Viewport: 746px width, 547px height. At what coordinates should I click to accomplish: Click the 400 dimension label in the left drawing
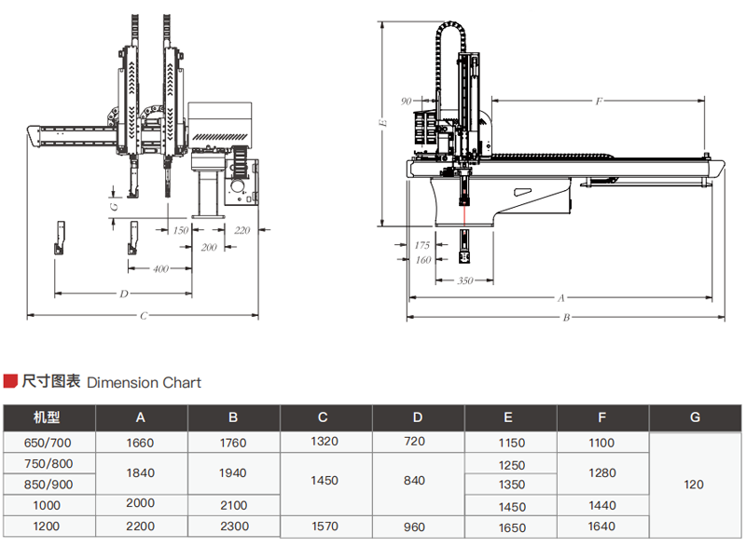click(x=160, y=268)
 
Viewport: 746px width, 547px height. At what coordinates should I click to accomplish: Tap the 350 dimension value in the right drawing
click(x=464, y=280)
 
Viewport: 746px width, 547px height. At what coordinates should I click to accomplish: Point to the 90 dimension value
click(x=407, y=100)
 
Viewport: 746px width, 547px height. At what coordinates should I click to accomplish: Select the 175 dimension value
click(x=422, y=244)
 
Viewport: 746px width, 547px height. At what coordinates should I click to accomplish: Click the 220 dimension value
click(x=242, y=229)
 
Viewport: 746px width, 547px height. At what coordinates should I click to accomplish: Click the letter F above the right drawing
click(x=599, y=100)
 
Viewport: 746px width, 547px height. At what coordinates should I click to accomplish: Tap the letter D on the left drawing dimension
click(x=123, y=294)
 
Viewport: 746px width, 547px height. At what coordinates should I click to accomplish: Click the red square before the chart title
click(x=10, y=381)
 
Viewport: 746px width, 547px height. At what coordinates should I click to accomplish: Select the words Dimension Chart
click(x=144, y=382)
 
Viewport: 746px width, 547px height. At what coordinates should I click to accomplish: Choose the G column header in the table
click(x=695, y=417)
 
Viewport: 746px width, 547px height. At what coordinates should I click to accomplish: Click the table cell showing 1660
click(x=140, y=443)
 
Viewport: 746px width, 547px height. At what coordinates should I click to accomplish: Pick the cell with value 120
click(x=695, y=485)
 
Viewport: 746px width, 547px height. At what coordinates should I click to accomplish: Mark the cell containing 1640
click(x=602, y=526)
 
